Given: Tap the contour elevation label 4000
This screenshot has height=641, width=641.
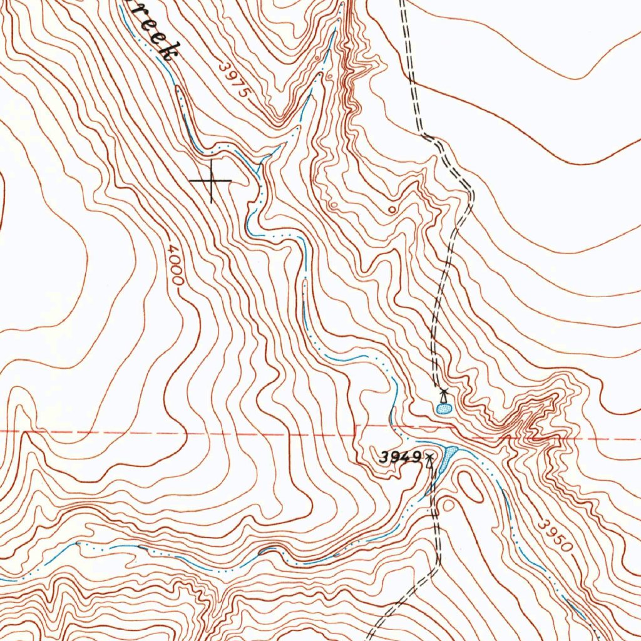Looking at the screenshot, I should point(176,265).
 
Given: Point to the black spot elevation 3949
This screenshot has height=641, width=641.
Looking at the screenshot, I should point(399,458).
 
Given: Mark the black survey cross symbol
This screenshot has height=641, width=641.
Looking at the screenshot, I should point(211,181).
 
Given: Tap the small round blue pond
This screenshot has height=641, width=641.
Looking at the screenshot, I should point(443,409).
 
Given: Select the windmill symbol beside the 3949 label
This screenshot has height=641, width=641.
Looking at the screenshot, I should point(429,462).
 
